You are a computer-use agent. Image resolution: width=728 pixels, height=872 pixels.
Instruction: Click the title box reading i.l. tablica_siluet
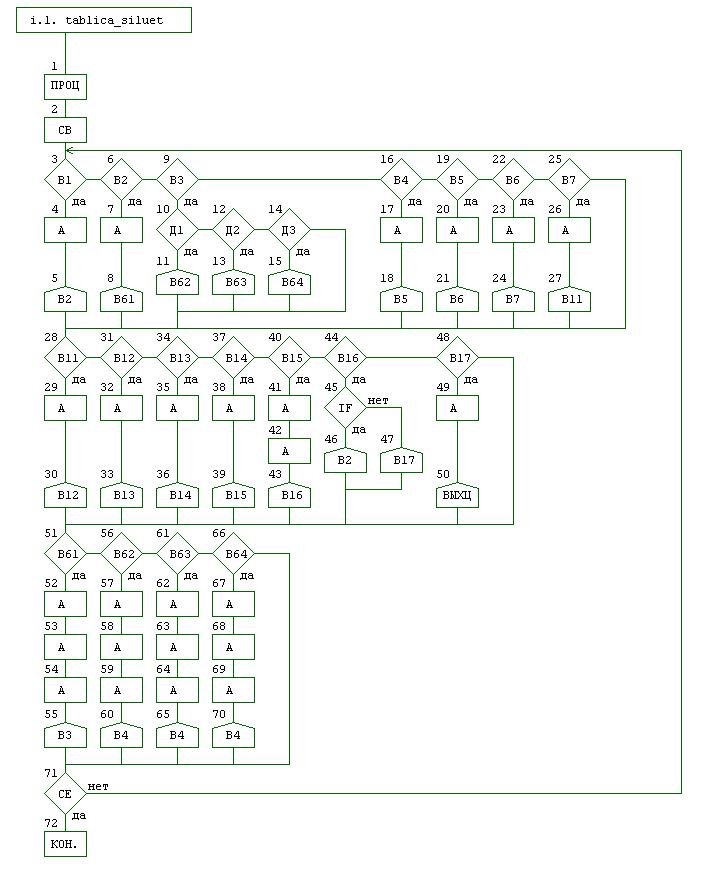pos(104,20)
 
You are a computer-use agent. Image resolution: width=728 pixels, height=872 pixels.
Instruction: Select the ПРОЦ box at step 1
pos(65,87)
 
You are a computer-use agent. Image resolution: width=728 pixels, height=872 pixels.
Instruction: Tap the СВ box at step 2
pos(65,130)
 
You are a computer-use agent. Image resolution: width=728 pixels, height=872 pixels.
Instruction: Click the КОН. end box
pos(65,845)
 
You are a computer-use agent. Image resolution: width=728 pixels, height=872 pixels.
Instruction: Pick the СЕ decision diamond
pos(65,793)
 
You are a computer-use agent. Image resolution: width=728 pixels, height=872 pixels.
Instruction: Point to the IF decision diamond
pos(345,408)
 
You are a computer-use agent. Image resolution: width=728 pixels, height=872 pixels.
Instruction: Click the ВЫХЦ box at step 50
pos(457,495)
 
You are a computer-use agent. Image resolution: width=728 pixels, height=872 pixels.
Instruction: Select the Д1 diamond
pos(177,230)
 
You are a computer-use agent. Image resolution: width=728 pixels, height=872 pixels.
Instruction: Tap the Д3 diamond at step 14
pos(289,230)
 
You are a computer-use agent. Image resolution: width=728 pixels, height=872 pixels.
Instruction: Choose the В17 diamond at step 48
pos(457,357)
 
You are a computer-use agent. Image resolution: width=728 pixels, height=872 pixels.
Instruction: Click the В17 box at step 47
pos(401,460)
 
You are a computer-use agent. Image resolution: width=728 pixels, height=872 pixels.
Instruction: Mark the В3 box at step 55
pos(65,735)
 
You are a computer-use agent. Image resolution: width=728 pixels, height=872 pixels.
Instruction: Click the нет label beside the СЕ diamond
pos(98,786)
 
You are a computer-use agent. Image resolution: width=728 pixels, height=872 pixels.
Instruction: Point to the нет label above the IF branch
pos(378,400)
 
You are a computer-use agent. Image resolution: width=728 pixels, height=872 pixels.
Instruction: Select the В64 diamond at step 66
pos(233,552)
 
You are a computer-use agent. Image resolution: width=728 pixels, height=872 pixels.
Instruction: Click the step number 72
pos(51,822)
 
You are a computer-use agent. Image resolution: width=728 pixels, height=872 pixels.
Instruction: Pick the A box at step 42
pos(289,452)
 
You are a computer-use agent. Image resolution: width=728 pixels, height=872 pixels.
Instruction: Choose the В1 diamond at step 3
pos(65,180)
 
